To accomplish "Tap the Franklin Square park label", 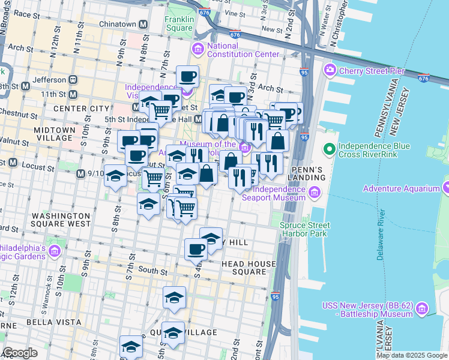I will (x=179, y=23).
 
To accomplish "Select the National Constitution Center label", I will (x=243, y=50).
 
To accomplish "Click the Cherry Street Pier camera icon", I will (x=330, y=71).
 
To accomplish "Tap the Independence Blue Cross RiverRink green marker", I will (x=328, y=148).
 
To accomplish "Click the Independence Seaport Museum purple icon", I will (x=316, y=193).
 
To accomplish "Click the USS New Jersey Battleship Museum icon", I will (x=422, y=309).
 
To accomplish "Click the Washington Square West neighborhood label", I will (x=61, y=220).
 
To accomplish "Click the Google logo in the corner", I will (x=20, y=353).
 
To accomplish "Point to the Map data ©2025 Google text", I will (x=411, y=355).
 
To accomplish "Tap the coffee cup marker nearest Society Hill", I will (x=196, y=248).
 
